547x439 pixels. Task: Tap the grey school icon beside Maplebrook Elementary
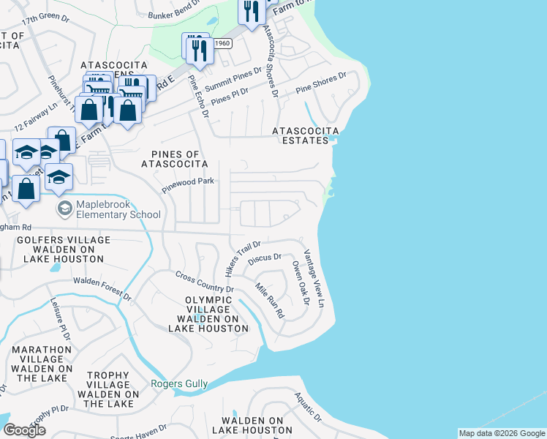[65, 209]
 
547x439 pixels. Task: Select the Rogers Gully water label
[179, 383]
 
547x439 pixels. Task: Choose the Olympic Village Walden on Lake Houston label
[208, 314]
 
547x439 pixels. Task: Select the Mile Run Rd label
[269, 300]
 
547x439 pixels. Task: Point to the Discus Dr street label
[265, 258]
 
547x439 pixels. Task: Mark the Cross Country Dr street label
[204, 282]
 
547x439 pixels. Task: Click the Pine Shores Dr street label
[321, 83]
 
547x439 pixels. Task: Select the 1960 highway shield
[222, 43]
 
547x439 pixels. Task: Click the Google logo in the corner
[24, 430]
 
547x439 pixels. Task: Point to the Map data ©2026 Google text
[501, 433]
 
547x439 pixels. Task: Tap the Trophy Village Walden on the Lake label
[108, 389]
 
